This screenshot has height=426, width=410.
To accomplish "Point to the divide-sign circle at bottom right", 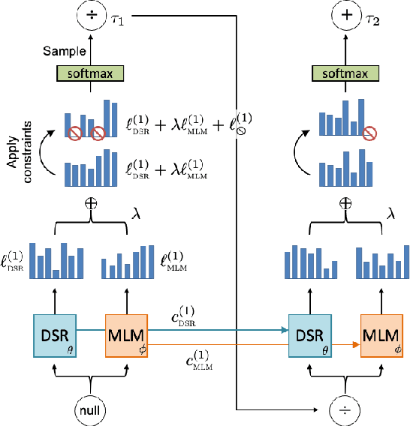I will pyautogui.click(x=345, y=409).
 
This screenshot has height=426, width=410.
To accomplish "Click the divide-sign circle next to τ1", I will pyautogui.click(x=90, y=14).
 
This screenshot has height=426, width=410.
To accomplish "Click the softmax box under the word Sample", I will pyautogui.click(x=89, y=73).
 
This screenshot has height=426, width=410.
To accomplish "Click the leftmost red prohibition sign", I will pyautogui.click(x=74, y=133).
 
